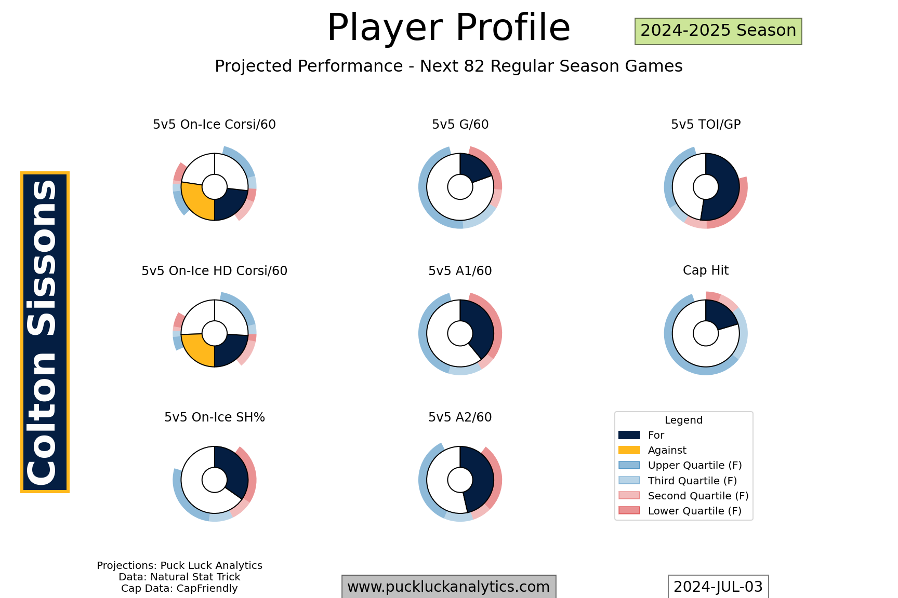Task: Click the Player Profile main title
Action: click(x=448, y=28)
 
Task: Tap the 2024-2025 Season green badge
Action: click(x=718, y=31)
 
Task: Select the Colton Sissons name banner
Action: click(x=45, y=332)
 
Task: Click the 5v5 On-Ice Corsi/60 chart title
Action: click(x=214, y=125)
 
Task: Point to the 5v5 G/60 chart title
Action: click(x=460, y=125)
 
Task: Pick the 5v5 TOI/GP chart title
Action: click(x=706, y=125)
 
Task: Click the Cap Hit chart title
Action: click(x=706, y=270)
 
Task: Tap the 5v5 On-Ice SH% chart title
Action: click(x=214, y=417)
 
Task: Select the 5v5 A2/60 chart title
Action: click(x=460, y=417)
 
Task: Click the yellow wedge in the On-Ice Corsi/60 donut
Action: click(x=196, y=202)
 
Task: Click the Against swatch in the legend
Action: click(x=629, y=450)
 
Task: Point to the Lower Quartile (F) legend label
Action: click(x=694, y=511)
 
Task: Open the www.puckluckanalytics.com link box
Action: click(x=448, y=587)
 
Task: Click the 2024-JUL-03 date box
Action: click(x=718, y=587)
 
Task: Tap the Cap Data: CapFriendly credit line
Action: click(x=179, y=589)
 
